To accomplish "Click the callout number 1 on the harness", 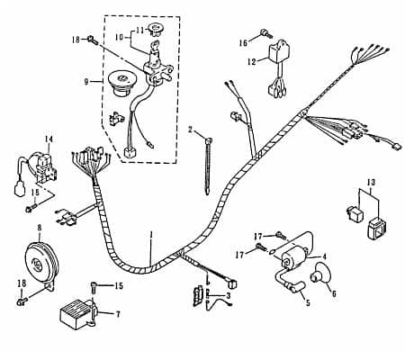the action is pos(151,234).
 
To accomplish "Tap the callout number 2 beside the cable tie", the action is pos(190,130).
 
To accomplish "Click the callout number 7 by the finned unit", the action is pos(118,314).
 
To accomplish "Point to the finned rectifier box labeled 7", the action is pos(78,312).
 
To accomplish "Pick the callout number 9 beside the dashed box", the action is pos(86,81).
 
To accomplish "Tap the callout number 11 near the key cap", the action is pos(140,30).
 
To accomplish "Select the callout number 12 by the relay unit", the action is pos(252,61).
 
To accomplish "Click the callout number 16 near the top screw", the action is pos(243,43).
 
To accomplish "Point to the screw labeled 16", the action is pos(265,33).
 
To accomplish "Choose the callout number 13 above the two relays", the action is pos(371,183).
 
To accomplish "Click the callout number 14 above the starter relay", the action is pos(49,139).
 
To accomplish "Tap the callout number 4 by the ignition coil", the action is pos(324,256).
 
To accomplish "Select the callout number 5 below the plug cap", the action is pos(308,303).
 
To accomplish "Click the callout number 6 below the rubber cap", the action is pos(334,293).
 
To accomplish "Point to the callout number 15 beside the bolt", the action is pos(119,285).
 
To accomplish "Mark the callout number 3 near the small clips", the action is pos(229,296).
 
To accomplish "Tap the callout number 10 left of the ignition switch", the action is pos(119,37).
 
